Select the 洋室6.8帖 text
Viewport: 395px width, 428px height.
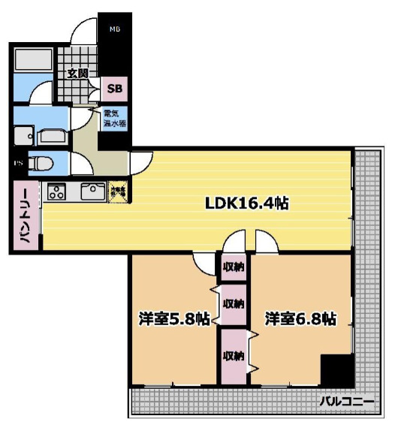[x=300, y=318]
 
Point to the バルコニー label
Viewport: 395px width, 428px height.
[x=346, y=402]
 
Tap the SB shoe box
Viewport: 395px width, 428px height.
[x=115, y=89]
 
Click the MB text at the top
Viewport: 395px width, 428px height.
[x=115, y=30]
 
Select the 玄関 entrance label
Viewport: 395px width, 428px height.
[x=77, y=74]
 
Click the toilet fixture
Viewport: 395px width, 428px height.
[x=44, y=163]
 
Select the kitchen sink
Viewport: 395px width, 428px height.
[x=93, y=191]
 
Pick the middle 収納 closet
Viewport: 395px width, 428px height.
[x=233, y=304]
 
